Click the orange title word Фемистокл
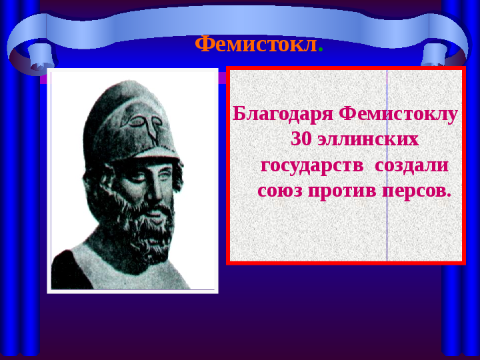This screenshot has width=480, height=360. coord(255,45)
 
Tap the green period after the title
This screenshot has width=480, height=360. coord(321,50)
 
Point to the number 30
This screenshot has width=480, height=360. coord(301,139)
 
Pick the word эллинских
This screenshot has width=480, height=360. coord(368,140)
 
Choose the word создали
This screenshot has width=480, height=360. coord(412,166)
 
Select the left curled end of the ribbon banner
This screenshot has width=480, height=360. coord(31,55)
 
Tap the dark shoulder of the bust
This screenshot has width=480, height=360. coord(71,270)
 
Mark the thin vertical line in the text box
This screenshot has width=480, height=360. coord(387,165)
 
